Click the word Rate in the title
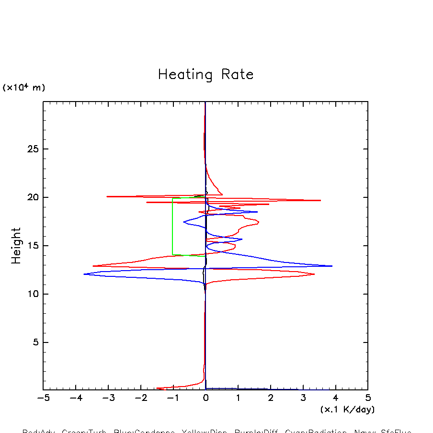237,75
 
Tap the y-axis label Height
16,246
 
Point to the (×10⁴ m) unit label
24,88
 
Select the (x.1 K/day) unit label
347,410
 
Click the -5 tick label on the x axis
43,399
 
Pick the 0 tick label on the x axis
205,399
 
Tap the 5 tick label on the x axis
368,399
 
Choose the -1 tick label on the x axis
173,399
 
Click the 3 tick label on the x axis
303,399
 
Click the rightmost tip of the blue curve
332,266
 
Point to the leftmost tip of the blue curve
84,274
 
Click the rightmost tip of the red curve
320,200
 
